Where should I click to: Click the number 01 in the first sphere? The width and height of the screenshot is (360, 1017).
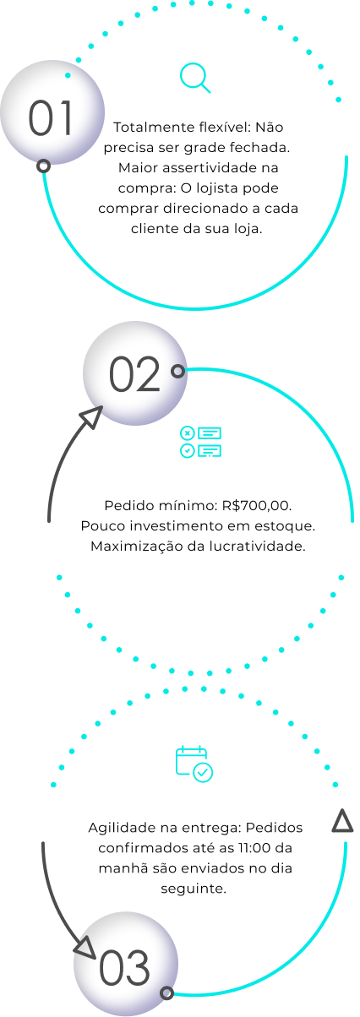51,118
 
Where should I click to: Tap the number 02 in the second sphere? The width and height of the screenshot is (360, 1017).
134,374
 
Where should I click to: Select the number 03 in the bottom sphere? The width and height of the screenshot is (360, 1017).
124,967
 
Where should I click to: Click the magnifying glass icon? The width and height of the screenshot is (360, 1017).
195,78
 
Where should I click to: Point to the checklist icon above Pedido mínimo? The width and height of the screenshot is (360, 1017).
200,442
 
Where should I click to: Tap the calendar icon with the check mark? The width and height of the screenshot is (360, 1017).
194,764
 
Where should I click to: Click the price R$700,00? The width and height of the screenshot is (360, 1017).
257,505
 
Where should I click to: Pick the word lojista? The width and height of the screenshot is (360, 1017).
215,188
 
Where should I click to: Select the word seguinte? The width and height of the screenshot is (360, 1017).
194,889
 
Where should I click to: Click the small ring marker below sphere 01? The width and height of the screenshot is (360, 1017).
43,166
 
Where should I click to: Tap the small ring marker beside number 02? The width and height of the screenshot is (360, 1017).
178,372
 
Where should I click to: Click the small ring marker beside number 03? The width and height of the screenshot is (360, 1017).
167,993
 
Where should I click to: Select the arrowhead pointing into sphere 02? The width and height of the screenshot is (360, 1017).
91,416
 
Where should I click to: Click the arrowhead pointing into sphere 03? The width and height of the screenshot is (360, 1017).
85,948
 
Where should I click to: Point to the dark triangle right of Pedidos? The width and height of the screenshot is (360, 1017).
342,821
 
